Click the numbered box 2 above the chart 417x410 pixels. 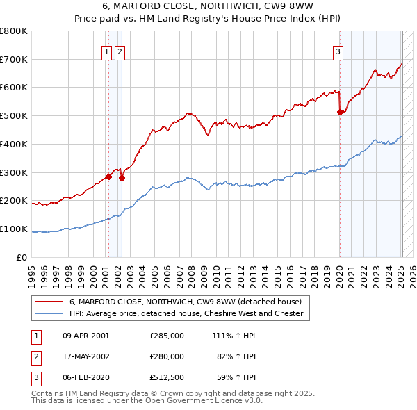[120, 51]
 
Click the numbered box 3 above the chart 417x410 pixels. [338, 51]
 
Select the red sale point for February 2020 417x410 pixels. [340, 112]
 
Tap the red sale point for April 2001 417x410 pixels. [108, 177]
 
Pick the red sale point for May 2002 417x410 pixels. [122, 178]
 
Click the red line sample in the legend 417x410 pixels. [48, 302]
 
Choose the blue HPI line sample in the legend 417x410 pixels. [48, 313]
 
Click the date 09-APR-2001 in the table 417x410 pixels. [86, 336]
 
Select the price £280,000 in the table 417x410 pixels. [166, 356]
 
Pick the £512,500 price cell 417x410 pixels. [166, 377]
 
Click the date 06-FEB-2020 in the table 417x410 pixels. [86, 377]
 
